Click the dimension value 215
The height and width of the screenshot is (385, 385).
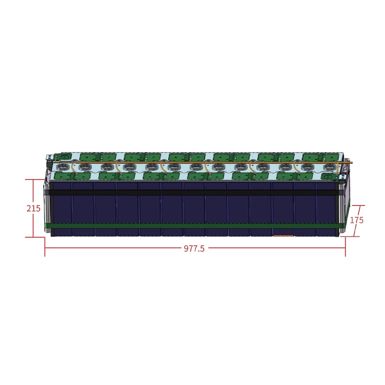click(33, 208)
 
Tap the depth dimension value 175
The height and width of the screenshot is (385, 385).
click(357, 220)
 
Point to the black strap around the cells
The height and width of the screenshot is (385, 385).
click(192, 192)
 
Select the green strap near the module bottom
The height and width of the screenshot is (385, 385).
click(192, 225)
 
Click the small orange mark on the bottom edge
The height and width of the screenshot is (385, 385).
click(282, 236)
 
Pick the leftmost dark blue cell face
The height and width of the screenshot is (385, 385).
click(62, 209)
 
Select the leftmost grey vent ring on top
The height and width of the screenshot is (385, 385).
click(61, 168)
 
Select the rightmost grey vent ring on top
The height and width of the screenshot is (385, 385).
click(329, 167)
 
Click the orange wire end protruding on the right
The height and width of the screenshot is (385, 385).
click(350, 162)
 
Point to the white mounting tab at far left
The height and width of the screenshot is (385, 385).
click(49, 158)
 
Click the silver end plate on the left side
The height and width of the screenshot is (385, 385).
click(47, 207)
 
